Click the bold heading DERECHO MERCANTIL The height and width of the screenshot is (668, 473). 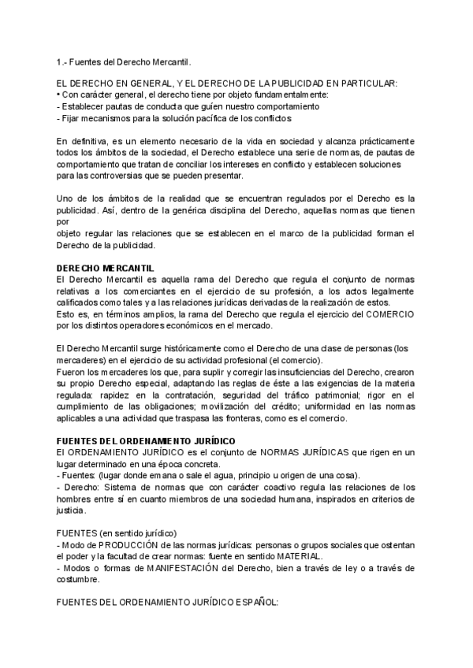(x=106, y=269)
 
